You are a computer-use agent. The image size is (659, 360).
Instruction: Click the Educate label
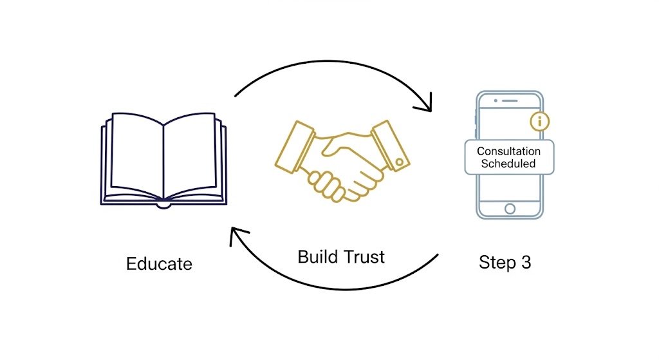[159, 263]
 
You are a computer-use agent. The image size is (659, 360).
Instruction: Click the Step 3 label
[505, 263]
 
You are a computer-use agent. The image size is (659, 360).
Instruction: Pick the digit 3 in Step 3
[526, 263]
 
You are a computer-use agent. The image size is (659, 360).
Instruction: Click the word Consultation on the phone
[508, 151]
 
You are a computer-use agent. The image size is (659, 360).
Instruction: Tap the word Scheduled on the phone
[508, 164]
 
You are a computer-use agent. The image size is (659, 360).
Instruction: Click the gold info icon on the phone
[539, 120]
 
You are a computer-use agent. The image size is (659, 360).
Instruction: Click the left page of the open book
[137, 155]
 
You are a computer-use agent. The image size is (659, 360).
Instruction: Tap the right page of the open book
[190, 155]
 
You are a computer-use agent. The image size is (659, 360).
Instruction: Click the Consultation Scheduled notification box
[508, 157]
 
